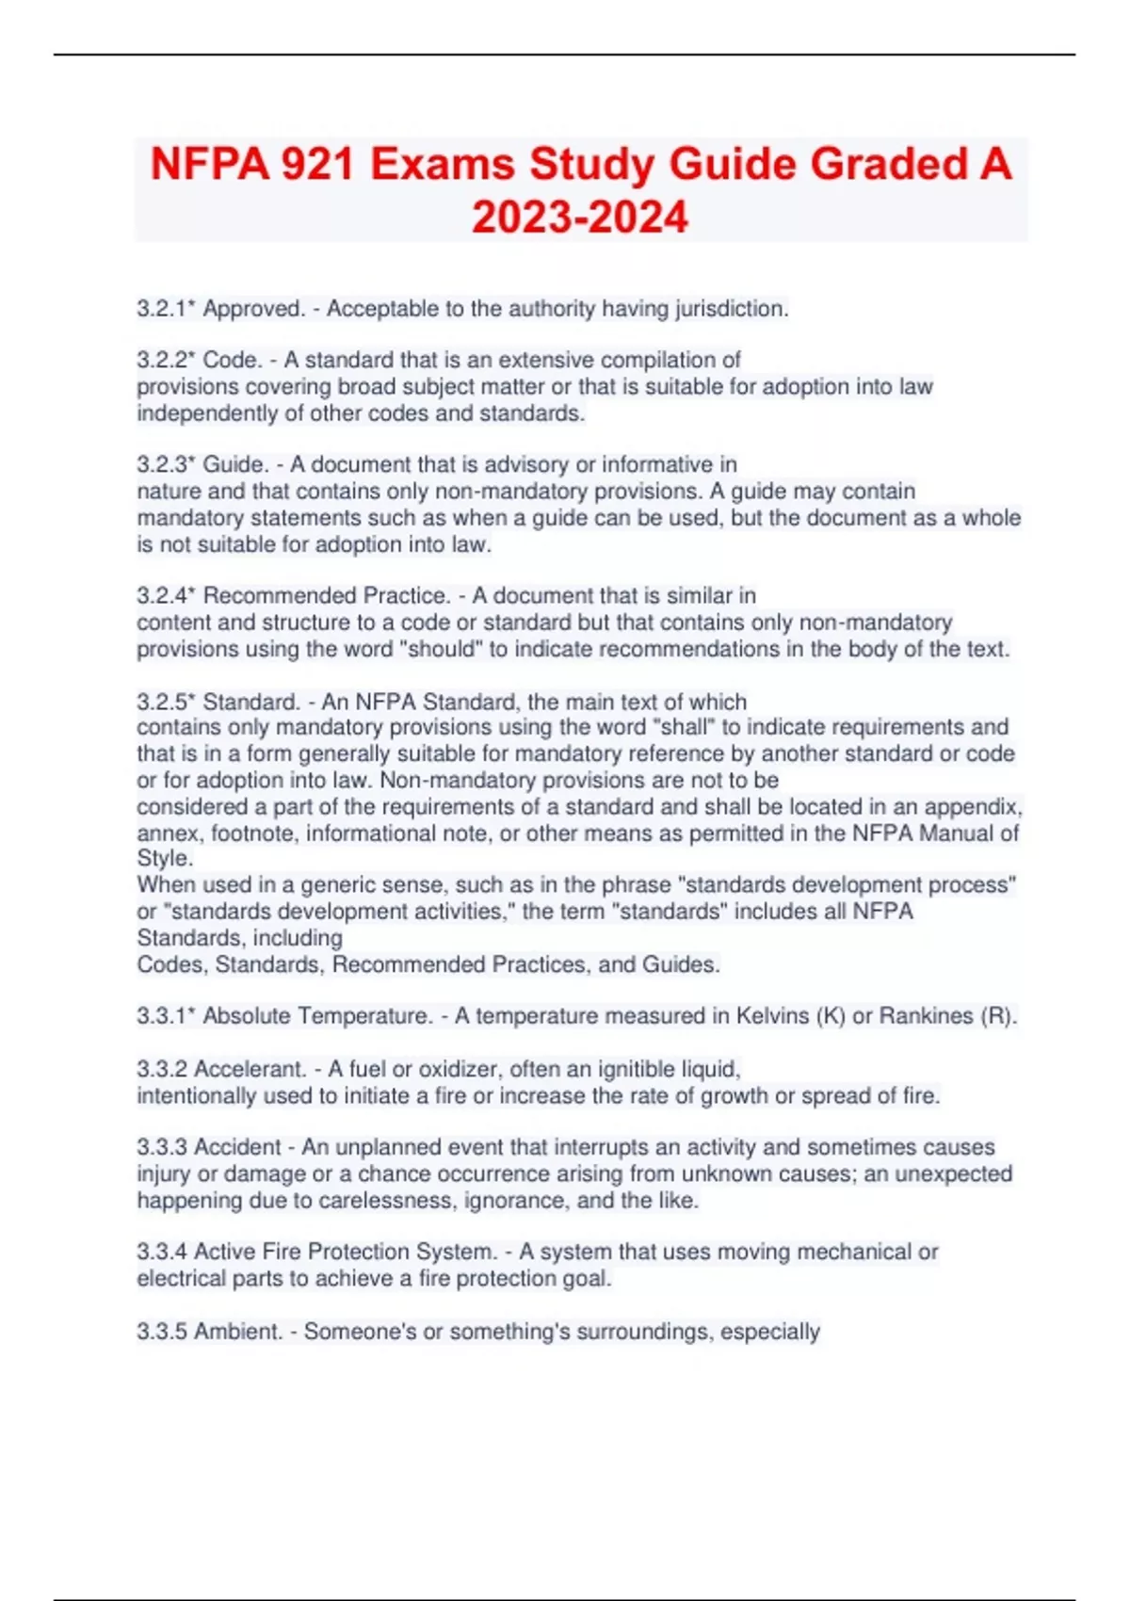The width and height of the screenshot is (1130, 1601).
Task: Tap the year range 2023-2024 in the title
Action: coord(580,218)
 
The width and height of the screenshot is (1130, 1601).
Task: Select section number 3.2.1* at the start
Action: coord(166,309)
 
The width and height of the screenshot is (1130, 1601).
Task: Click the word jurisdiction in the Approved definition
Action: coord(730,309)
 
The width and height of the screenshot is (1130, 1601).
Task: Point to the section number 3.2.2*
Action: coord(167,360)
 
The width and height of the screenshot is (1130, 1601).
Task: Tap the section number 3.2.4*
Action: coord(167,595)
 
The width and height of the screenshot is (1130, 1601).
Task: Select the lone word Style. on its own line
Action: coord(165,858)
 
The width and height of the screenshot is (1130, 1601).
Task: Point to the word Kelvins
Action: coord(778,1016)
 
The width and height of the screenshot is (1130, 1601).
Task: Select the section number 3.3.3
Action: coord(162,1147)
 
